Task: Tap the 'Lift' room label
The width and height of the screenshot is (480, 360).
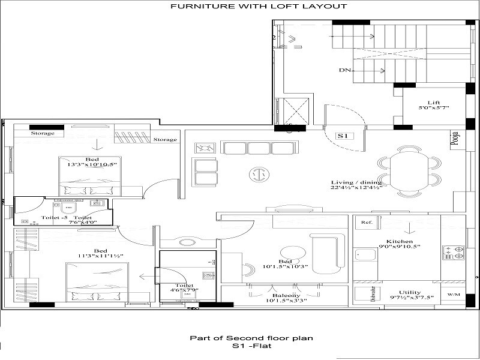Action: click(x=433, y=103)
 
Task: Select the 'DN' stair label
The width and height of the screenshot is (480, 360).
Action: click(x=344, y=70)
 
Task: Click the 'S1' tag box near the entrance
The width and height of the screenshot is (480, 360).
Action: click(x=343, y=136)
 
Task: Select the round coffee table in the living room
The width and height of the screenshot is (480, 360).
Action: click(x=259, y=174)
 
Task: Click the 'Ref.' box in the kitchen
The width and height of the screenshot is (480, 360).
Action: click(x=367, y=223)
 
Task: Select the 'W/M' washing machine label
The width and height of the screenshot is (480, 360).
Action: click(x=454, y=295)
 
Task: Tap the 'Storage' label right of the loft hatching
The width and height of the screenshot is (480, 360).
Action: click(x=165, y=139)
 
